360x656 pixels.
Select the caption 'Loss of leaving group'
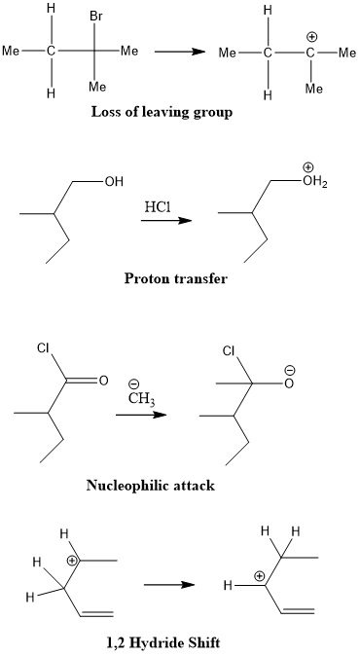click(162, 111)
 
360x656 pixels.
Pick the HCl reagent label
click(158, 206)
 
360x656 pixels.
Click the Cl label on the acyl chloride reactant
click(43, 347)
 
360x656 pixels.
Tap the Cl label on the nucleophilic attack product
click(229, 349)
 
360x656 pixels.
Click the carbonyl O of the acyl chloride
click(101, 381)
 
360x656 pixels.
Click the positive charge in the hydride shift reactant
click(70, 561)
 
